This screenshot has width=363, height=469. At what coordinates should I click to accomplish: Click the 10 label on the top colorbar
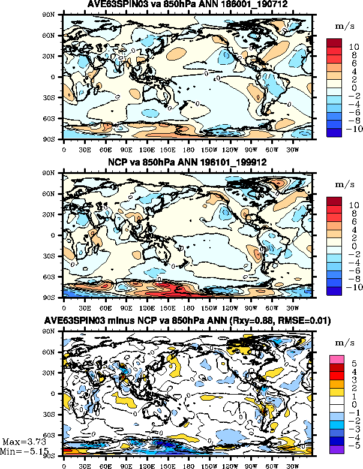pyautogui.click(x=354, y=46)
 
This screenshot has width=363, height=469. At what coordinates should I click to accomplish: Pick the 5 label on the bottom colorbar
pyautogui.click(x=353, y=363)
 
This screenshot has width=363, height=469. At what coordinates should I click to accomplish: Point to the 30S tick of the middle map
pyautogui.click(x=55, y=256)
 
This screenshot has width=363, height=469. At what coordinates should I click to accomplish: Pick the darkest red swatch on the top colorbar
pyautogui.click(x=335, y=43)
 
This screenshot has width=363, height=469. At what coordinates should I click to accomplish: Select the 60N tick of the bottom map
pyautogui.click(x=55, y=353)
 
